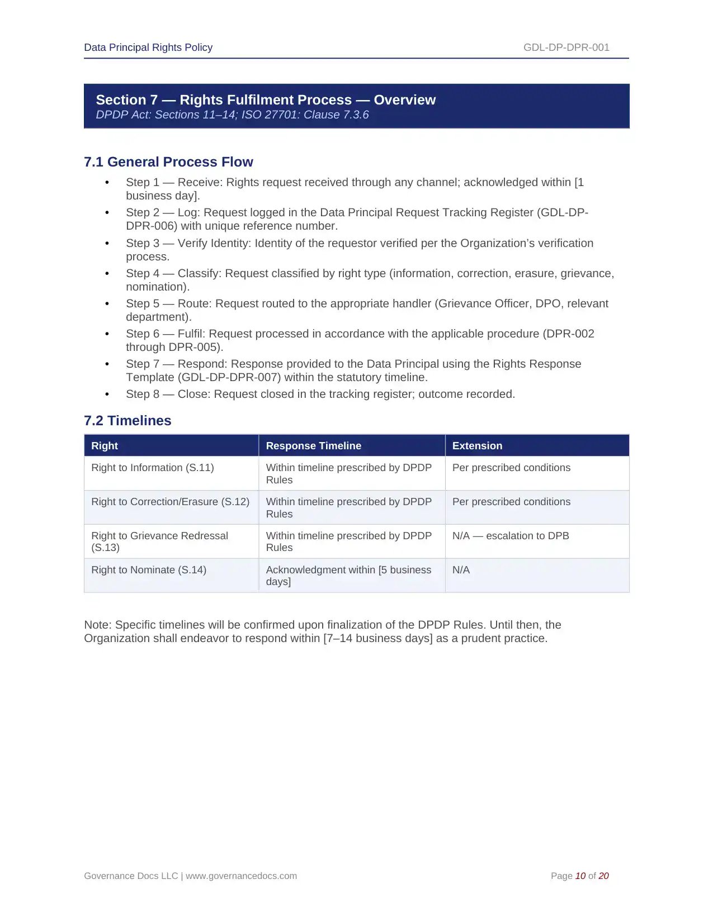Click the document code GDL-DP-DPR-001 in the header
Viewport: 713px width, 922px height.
pyautogui.click(x=566, y=47)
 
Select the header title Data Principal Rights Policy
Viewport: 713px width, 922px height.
pyautogui.click(x=148, y=47)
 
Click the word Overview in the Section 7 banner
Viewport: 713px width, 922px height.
pyautogui.click(x=404, y=100)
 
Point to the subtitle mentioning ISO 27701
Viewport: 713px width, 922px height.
pyautogui.click(x=232, y=115)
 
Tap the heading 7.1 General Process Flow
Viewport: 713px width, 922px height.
pyautogui.click(x=168, y=162)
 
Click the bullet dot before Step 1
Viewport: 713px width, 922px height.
pyautogui.click(x=107, y=183)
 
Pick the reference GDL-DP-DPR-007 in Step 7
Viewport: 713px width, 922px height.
pyautogui.click(x=229, y=378)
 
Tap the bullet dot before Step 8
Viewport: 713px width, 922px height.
pyautogui.click(x=107, y=395)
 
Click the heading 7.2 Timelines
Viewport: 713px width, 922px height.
pyautogui.click(x=128, y=421)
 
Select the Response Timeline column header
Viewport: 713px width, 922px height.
pyautogui.click(x=313, y=446)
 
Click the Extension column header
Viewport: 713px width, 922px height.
pyautogui.click(x=477, y=446)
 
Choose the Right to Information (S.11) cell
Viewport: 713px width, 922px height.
pyautogui.click(x=153, y=468)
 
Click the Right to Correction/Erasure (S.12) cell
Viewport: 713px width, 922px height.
pyautogui.click(x=170, y=502)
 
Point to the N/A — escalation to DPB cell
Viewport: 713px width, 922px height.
pyautogui.click(x=511, y=536)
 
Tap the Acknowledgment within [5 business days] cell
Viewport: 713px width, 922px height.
pyautogui.click(x=348, y=576)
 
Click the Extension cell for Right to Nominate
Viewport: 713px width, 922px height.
pyautogui.click(x=461, y=570)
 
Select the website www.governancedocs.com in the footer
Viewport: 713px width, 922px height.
pyautogui.click(x=241, y=876)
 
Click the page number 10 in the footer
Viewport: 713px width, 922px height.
pyautogui.click(x=580, y=876)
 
